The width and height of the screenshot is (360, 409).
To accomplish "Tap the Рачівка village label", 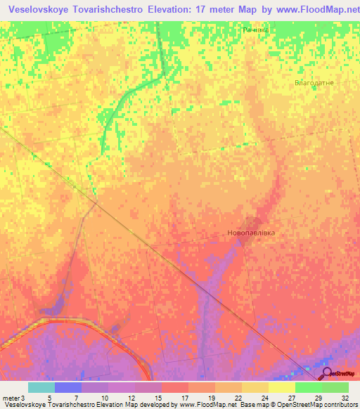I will (x=256, y=31).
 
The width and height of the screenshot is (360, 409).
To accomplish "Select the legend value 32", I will (x=345, y=398).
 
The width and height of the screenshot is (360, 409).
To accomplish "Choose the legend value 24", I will (x=264, y=398).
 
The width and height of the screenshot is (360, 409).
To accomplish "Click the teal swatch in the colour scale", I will (x=41, y=387).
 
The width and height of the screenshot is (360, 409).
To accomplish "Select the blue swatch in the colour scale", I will (x=67, y=387).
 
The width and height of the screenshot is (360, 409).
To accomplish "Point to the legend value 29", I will (x=318, y=398).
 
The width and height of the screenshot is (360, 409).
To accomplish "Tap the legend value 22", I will (x=238, y=398).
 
